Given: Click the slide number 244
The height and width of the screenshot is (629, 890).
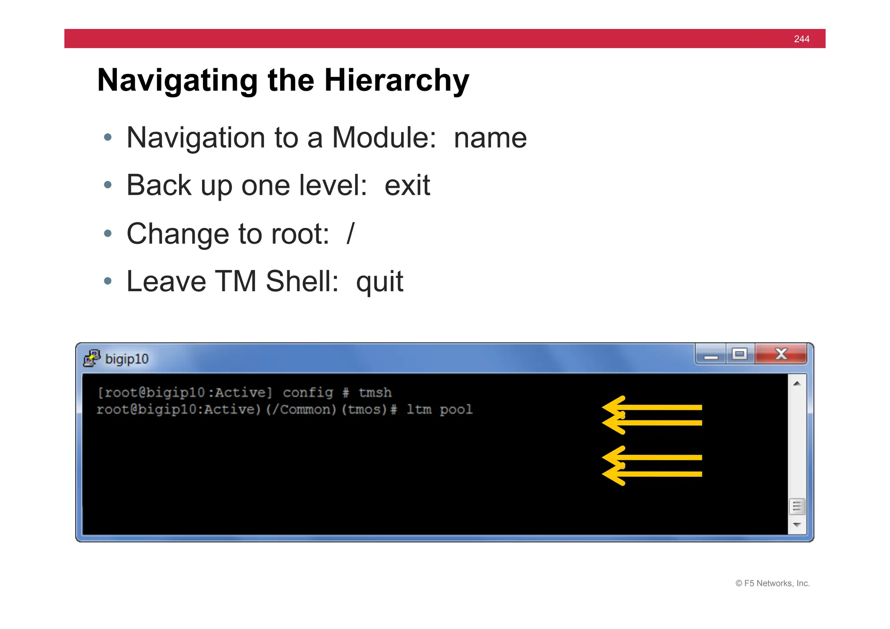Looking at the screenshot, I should pyautogui.click(x=801, y=39).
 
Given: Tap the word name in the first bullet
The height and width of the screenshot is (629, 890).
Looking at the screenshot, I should pyautogui.click(x=490, y=138).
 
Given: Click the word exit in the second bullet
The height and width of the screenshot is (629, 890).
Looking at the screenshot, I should pyautogui.click(x=407, y=186).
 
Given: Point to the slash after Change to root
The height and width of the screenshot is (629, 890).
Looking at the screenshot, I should pyautogui.click(x=351, y=234).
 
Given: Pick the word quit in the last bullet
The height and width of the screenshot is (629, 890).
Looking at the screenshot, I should pyautogui.click(x=379, y=282).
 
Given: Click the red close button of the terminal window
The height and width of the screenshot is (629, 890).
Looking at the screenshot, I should pyautogui.click(x=781, y=354).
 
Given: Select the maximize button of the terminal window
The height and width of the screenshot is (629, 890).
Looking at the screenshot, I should pyautogui.click(x=740, y=354).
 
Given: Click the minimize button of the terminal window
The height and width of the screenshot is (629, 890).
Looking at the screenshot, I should pyautogui.click(x=711, y=355).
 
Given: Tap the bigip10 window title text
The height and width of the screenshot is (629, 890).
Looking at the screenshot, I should pyautogui.click(x=127, y=359).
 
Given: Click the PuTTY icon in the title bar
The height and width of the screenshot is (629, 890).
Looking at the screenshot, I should pyautogui.click(x=92, y=358).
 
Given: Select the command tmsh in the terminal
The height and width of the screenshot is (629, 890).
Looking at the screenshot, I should pyautogui.click(x=375, y=393).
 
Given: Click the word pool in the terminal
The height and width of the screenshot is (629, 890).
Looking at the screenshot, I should pyautogui.click(x=456, y=409).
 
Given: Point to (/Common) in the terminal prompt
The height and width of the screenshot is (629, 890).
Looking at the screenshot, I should pyautogui.click(x=301, y=409).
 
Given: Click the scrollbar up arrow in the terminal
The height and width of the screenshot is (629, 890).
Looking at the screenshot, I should pyautogui.click(x=797, y=383).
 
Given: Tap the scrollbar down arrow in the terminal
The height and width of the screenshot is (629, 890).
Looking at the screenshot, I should pyautogui.click(x=797, y=525).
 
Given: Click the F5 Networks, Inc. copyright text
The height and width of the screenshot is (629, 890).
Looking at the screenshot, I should pyautogui.click(x=773, y=583).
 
